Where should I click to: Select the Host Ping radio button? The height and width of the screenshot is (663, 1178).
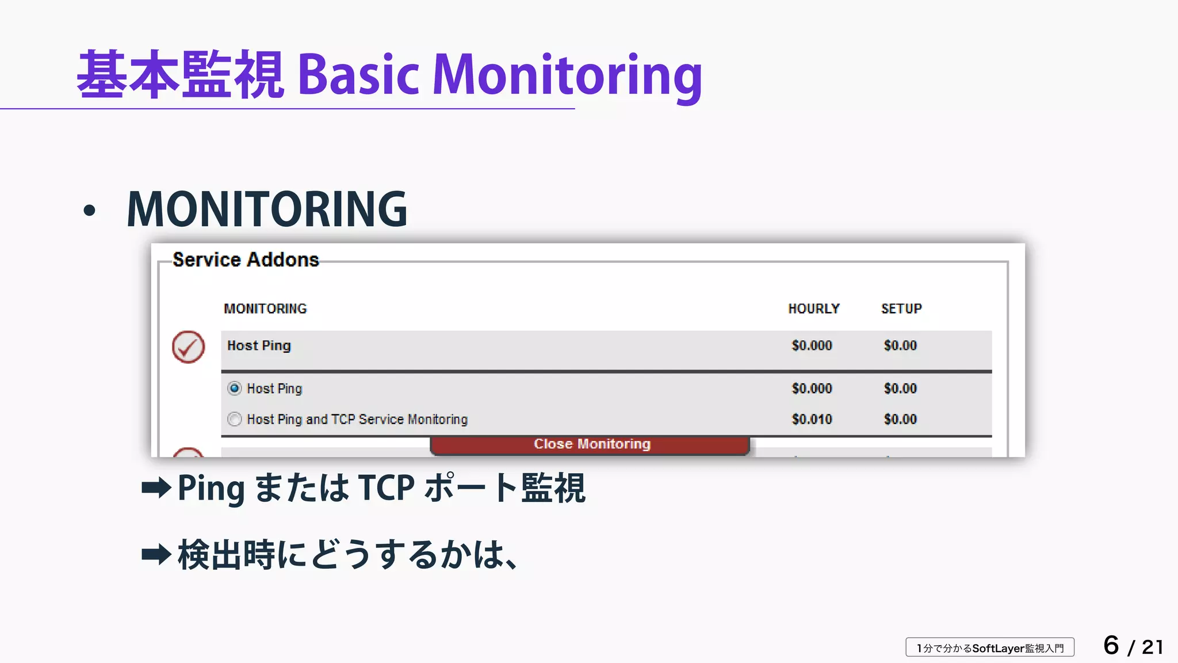pos(235,388)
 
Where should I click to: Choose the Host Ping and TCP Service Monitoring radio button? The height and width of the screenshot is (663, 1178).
pos(235,419)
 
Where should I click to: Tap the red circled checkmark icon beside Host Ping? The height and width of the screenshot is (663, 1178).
pos(188,346)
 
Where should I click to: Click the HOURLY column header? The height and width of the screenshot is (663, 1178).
pos(813,309)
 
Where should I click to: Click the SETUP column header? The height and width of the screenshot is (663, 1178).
pos(901,309)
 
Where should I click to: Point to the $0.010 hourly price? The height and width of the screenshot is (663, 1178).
pos(812,419)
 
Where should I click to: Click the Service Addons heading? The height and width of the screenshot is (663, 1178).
pos(246,260)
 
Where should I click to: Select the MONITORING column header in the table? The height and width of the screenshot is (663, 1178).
pos(265,309)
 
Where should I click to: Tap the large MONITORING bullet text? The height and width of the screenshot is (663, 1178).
pos(267,209)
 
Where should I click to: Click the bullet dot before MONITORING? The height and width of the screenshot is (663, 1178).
pos(89,211)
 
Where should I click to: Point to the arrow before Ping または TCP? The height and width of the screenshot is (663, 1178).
pos(156,488)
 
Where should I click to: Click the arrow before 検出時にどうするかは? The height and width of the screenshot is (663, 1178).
pos(156,555)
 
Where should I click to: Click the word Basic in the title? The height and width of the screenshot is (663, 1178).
pos(358,75)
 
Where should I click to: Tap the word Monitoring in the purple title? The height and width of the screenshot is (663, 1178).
pos(567,75)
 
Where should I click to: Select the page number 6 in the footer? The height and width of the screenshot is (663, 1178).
pos(1111,645)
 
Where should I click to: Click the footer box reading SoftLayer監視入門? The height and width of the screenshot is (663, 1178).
pos(990,648)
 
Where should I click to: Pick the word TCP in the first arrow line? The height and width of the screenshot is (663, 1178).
pos(386,488)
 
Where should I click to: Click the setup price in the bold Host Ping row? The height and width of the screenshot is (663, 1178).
pos(900,345)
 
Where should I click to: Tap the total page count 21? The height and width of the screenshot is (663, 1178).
pos(1152,647)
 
